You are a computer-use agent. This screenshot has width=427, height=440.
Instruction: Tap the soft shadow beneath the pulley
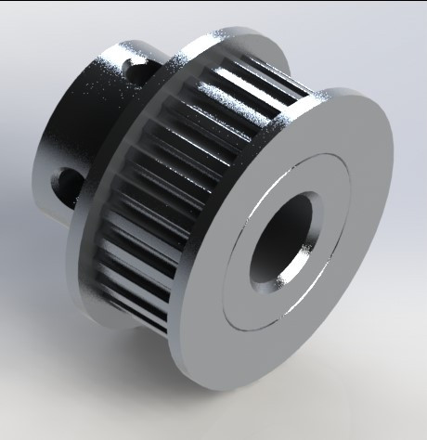coord(306,408)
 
